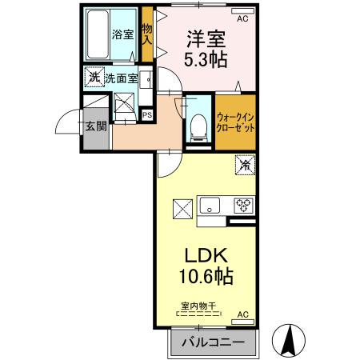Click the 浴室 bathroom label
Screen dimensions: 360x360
pos(122,35)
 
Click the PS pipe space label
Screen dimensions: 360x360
pos(147,114)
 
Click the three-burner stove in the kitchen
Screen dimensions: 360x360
pos(242,206)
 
